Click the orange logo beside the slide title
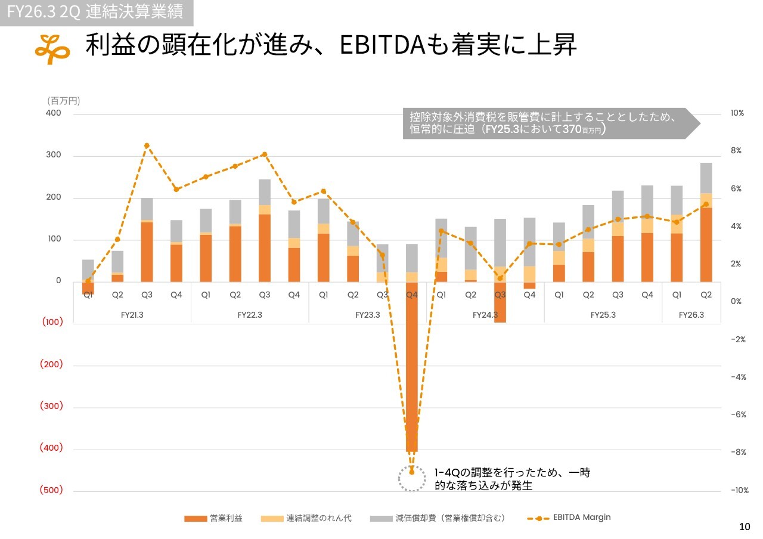pos(52,48)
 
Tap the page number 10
pos(745,526)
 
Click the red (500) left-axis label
pos(51,490)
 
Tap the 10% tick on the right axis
pos(737,113)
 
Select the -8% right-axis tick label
pos(739,452)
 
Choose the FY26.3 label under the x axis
pos(691,315)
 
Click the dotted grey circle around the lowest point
pos(411,478)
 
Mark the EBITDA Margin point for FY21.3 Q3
pos(147,145)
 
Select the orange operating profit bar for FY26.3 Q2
pos(706,244)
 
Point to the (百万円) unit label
pos(63,101)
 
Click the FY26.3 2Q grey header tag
pos(96,12)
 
